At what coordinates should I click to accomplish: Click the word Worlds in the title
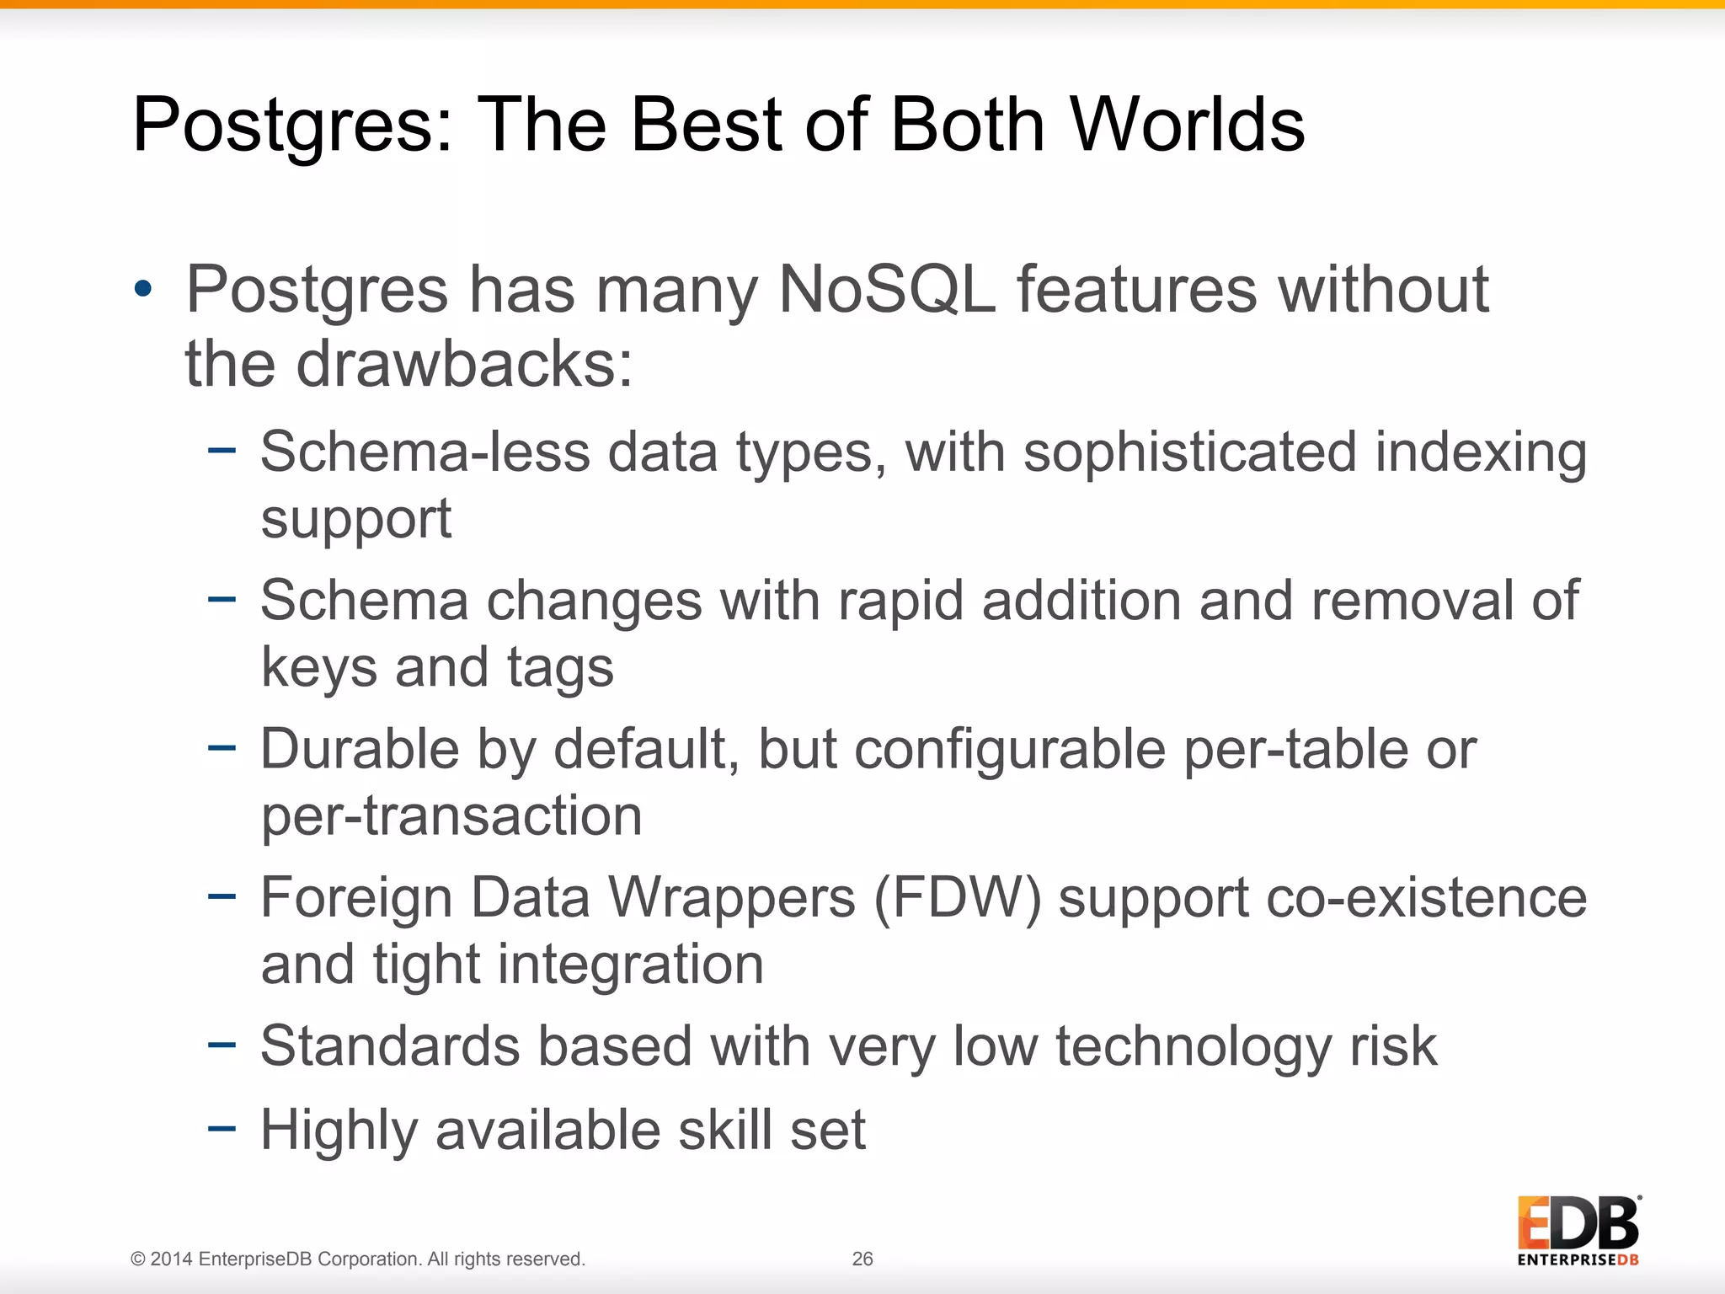(x=1188, y=125)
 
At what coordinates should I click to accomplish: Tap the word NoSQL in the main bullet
(x=887, y=290)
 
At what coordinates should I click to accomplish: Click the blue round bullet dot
(x=143, y=290)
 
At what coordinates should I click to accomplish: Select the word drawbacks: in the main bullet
(x=464, y=364)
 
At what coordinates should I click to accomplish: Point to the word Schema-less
(x=425, y=452)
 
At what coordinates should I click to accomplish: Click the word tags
(x=560, y=667)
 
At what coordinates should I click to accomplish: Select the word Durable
(x=359, y=749)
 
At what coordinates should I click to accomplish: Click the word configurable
(x=1009, y=749)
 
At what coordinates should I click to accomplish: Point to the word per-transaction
(x=451, y=815)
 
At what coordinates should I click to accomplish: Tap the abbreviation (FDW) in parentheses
(x=958, y=897)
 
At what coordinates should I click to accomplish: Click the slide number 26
(x=862, y=1259)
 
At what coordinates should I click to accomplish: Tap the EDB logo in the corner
(x=1578, y=1230)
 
